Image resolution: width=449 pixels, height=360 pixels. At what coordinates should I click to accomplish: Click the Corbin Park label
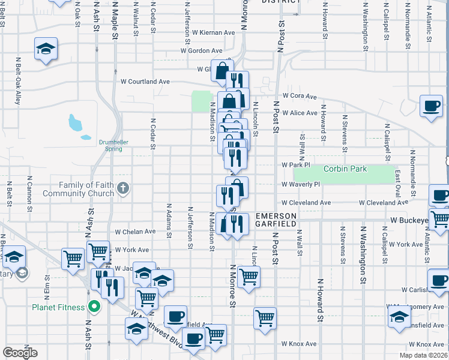point(345,169)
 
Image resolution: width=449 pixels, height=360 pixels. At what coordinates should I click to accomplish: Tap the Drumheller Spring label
point(113,145)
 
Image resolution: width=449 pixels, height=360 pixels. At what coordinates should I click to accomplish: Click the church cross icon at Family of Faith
point(123,189)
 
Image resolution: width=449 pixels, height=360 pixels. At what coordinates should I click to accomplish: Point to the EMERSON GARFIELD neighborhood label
point(276,220)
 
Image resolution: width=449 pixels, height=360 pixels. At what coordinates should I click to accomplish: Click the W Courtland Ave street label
point(145,82)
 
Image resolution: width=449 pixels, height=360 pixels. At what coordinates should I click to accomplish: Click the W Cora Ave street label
point(299,96)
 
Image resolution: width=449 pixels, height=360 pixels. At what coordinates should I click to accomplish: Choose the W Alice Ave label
point(299,113)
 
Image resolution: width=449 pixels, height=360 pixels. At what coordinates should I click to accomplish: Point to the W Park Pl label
point(295,164)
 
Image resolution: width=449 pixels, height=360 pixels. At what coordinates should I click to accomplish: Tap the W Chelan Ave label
point(136,232)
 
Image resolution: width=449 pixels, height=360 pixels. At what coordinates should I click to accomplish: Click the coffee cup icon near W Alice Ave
point(432,106)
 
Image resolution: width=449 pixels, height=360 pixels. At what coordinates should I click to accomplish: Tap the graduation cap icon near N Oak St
point(46,49)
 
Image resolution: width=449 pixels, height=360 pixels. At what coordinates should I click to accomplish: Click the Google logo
point(20,353)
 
